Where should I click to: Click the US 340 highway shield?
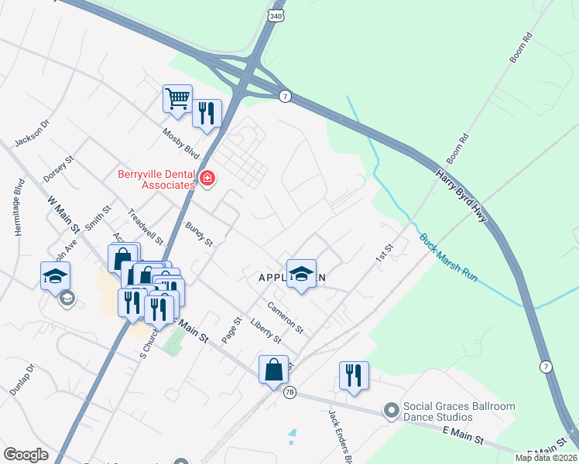[x=277, y=15]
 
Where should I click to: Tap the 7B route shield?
[x=289, y=392]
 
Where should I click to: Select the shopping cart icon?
[x=177, y=99]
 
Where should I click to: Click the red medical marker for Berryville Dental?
[x=207, y=179]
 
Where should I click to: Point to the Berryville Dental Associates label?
[x=156, y=179]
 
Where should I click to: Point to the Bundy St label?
[x=199, y=234]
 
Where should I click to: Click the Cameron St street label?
[x=285, y=317]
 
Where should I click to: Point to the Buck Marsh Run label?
[x=450, y=257]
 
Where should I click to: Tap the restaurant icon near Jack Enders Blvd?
[x=354, y=376]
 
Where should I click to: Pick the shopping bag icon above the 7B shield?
[x=274, y=369]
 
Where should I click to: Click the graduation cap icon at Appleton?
[x=301, y=273]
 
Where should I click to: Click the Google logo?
[x=26, y=454]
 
